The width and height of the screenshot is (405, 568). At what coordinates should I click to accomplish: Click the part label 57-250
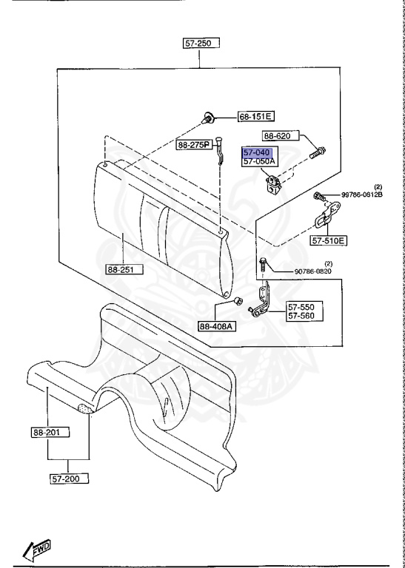pyautogui.click(x=201, y=44)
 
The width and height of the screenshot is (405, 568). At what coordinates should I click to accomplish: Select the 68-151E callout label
pyautogui.click(x=255, y=116)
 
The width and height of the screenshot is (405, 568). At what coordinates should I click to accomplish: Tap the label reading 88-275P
pyautogui.click(x=194, y=145)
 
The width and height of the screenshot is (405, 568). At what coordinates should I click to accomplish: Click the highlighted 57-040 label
pyautogui.click(x=256, y=152)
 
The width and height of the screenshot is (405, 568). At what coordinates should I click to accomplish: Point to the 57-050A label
pyautogui.click(x=259, y=162)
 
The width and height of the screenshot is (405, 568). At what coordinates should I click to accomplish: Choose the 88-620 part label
pyautogui.click(x=281, y=136)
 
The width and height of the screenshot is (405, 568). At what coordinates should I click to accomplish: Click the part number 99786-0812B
pyautogui.click(x=361, y=195)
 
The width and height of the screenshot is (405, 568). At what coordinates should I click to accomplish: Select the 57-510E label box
pyautogui.click(x=328, y=240)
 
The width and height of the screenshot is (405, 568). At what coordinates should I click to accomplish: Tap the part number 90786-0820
pyautogui.click(x=313, y=271)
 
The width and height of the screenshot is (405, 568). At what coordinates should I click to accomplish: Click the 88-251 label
pyautogui.click(x=124, y=269)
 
